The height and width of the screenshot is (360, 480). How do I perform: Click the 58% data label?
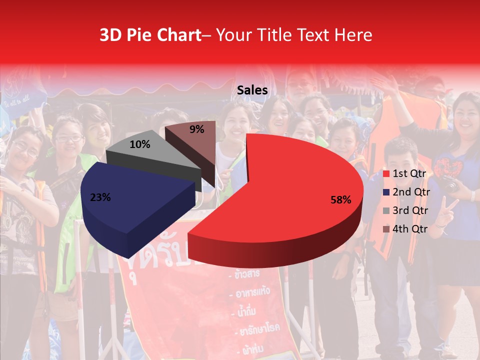point(341,200)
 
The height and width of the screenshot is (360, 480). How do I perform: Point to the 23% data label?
point(100,197)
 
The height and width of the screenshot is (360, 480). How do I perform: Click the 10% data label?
point(140,144)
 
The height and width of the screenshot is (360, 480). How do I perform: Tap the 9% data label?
point(197,129)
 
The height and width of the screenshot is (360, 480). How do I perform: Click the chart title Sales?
point(252,90)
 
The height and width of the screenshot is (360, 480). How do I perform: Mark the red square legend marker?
point(386,174)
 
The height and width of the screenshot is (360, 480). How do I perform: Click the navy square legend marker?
point(386,192)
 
